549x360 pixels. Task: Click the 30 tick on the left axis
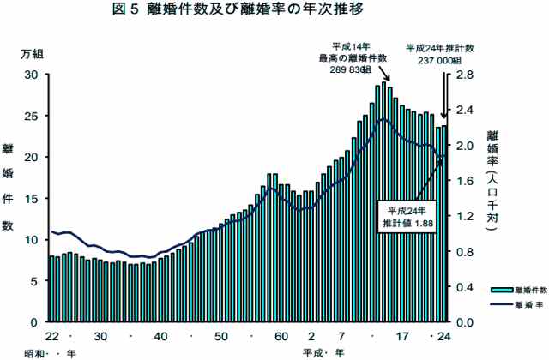[x=32, y=75]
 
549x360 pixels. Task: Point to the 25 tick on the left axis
[x=32, y=116]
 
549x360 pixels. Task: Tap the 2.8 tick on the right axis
[x=464, y=75]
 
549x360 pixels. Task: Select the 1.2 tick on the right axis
[x=464, y=216]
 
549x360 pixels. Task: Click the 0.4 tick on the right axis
[x=464, y=286]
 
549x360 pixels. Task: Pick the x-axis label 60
[x=281, y=336]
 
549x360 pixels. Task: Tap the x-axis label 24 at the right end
[x=443, y=336]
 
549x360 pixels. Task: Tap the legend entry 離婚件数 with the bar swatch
[x=513, y=290]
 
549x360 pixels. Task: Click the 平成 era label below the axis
[x=312, y=352]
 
